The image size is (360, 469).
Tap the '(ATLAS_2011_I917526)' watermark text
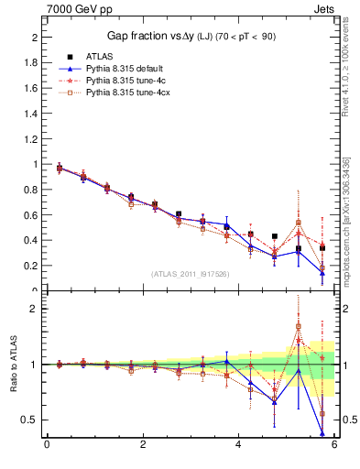(x=190, y=273)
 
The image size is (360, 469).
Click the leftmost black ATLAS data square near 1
(x=60, y=169)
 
